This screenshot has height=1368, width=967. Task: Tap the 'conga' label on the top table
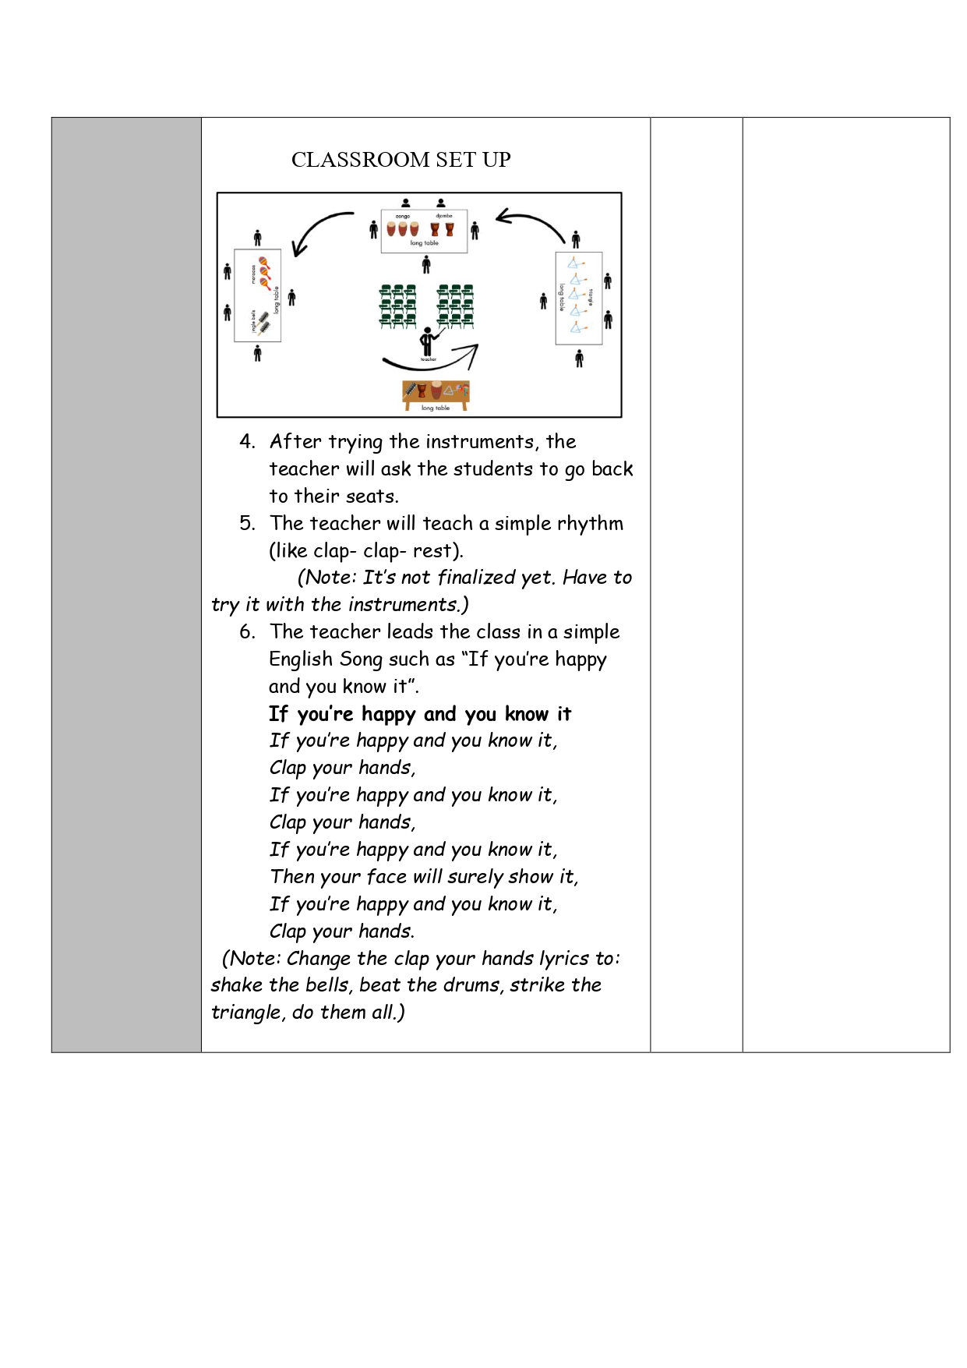tap(402, 216)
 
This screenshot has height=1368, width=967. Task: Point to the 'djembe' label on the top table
tap(443, 216)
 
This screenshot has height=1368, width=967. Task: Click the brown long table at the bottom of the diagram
tap(436, 393)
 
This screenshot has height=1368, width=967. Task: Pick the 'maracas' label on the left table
tap(253, 274)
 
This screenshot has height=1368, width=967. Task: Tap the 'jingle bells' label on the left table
tap(253, 320)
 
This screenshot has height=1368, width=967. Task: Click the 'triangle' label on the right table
tap(591, 297)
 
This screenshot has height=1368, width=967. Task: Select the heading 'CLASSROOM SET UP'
tap(401, 160)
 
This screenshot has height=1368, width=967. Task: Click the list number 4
tap(247, 442)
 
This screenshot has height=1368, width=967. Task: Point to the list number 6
tap(247, 632)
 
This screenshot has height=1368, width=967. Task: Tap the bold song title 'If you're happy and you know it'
tap(420, 714)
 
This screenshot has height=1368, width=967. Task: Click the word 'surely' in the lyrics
tap(475, 877)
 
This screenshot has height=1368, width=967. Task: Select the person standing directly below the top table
tap(426, 265)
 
